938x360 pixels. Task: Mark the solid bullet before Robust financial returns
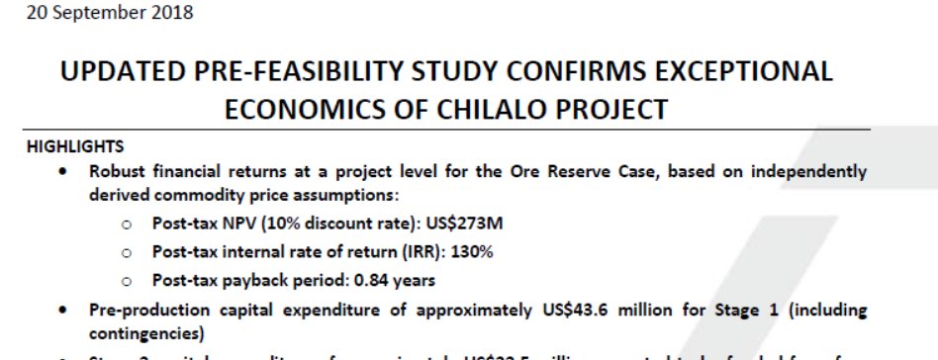(x=64, y=171)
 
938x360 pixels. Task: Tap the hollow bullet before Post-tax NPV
(x=127, y=225)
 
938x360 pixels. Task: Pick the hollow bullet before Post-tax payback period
(x=127, y=280)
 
